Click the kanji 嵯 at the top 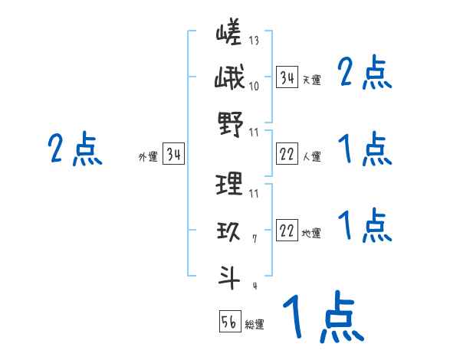tap(229, 35)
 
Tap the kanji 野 tap(229, 122)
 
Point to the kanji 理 tap(229, 184)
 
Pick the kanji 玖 tap(229, 231)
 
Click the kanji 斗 tap(229, 275)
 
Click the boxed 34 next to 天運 tap(287, 77)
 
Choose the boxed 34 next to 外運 tap(173, 155)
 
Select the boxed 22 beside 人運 tap(287, 155)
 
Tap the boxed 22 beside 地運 tap(287, 231)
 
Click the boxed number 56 tap(229, 322)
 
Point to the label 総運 tap(255, 325)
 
